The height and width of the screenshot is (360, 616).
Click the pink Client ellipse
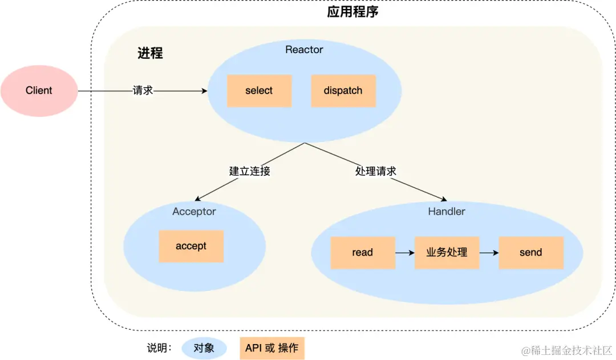[39, 91]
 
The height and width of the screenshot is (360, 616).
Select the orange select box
[260, 91]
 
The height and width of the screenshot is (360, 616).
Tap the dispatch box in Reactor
[343, 91]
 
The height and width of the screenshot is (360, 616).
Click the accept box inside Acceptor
[191, 246]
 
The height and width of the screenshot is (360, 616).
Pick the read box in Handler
[363, 253]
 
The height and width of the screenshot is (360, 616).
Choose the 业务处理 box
[447, 253]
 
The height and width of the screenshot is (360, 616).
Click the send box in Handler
[531, 253]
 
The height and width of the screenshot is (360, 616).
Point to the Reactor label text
[304, 50]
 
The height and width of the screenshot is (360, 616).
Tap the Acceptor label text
[194, 212]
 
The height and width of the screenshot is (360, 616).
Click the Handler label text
[447, 212]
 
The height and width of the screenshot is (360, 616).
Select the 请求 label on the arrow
[143, 90]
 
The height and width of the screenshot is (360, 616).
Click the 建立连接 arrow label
[249, 171]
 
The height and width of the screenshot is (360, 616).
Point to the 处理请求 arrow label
[375, 171]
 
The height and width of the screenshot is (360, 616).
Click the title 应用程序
[352, 12]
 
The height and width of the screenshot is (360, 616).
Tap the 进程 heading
[150, 53]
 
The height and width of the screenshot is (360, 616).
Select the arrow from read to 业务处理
[404, 253]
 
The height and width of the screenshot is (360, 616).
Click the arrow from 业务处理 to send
[489, 253]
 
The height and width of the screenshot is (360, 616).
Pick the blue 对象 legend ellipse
[204, 348]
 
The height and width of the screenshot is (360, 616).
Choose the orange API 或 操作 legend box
[272, 348]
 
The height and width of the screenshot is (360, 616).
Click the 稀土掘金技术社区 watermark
[566, 350]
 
